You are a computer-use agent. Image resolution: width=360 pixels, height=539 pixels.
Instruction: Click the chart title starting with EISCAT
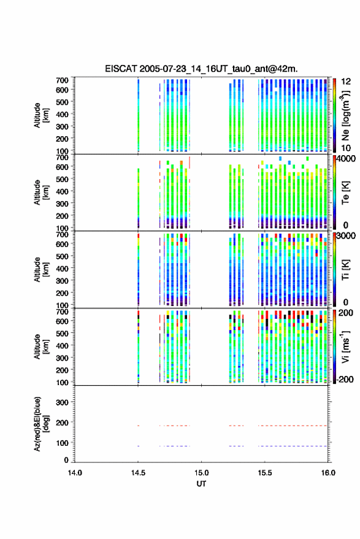point(202,69)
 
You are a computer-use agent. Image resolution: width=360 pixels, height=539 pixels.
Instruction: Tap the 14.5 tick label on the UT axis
point(138,473)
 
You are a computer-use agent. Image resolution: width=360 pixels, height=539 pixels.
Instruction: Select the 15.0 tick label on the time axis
point(202,473)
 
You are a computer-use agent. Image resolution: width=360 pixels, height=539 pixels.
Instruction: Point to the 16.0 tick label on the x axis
point(328,473)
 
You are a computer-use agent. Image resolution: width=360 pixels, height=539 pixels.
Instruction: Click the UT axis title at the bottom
point(202,484)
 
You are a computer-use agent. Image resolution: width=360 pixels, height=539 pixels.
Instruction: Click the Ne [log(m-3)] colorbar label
point(345,115)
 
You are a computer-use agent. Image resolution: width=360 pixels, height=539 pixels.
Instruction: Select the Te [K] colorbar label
point(345,193)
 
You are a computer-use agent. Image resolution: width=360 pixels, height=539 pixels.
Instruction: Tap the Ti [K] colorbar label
point(345,270)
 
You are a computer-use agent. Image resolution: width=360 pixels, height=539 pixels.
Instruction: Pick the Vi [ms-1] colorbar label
point(345,346)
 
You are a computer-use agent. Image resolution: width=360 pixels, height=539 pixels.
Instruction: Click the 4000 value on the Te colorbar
point(346,159)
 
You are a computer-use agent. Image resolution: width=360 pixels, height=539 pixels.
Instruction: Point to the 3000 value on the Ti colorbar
point(346,236)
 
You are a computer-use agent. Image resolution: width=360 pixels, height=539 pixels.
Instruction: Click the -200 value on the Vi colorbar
point(345,380)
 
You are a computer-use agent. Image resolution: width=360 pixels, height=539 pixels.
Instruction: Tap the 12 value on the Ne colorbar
point(346,82)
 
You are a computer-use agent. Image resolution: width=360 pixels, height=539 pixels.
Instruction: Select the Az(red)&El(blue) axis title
point(42,424)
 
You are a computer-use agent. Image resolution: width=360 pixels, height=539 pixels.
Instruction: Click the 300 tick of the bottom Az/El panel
point(62,402)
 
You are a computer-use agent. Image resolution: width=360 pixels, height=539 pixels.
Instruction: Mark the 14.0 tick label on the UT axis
point(75,473)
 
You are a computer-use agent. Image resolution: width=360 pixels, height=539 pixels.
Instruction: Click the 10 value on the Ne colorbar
point(346,148)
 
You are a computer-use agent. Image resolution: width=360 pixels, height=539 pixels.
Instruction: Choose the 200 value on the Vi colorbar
point(346,313)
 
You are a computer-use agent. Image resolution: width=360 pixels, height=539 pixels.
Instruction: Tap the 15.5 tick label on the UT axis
point(265,473)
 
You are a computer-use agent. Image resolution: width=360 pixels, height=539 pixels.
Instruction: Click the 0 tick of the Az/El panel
point(66,460)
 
